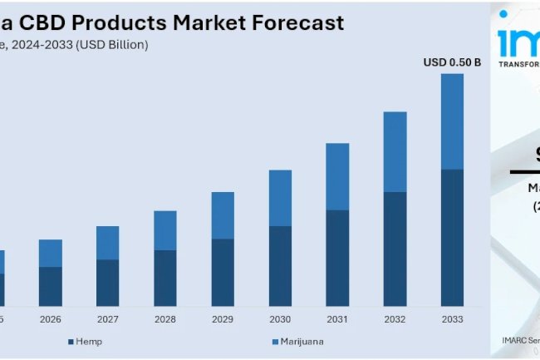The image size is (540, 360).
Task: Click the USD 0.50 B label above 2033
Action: click(452, 62)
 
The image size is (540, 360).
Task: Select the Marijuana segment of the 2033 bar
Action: click(452, 121)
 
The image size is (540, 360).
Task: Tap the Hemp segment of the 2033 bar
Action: click(452, 237)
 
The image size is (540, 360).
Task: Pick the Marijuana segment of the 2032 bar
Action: click(395, 152)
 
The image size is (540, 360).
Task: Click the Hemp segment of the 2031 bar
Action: click(337, 258)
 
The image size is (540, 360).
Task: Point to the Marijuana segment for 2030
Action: click(280, 198)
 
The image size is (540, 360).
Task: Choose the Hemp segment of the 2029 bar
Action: click(223, 272)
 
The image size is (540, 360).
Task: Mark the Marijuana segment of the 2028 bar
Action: click(165, 230)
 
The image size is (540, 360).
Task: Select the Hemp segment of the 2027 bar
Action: click(108, 283)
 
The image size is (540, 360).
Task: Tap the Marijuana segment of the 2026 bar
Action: click(51, 253)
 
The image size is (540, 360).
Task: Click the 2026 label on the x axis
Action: click(51, 318)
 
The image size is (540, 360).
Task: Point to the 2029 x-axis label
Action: click(223, 318)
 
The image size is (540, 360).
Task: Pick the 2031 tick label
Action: click(337, 318)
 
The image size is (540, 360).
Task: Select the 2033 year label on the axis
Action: click(452, 318)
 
